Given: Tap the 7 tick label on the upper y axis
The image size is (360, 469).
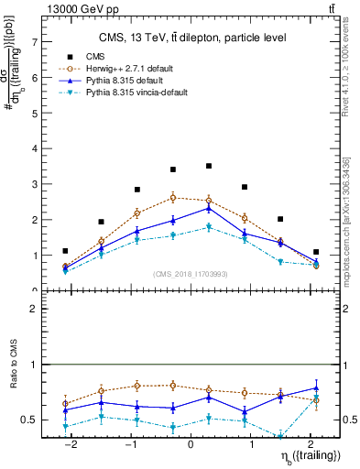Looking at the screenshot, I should (34, 42).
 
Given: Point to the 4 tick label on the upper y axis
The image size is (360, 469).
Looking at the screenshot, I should (34, 148).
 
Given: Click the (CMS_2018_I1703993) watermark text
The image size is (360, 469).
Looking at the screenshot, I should (191, 274).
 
